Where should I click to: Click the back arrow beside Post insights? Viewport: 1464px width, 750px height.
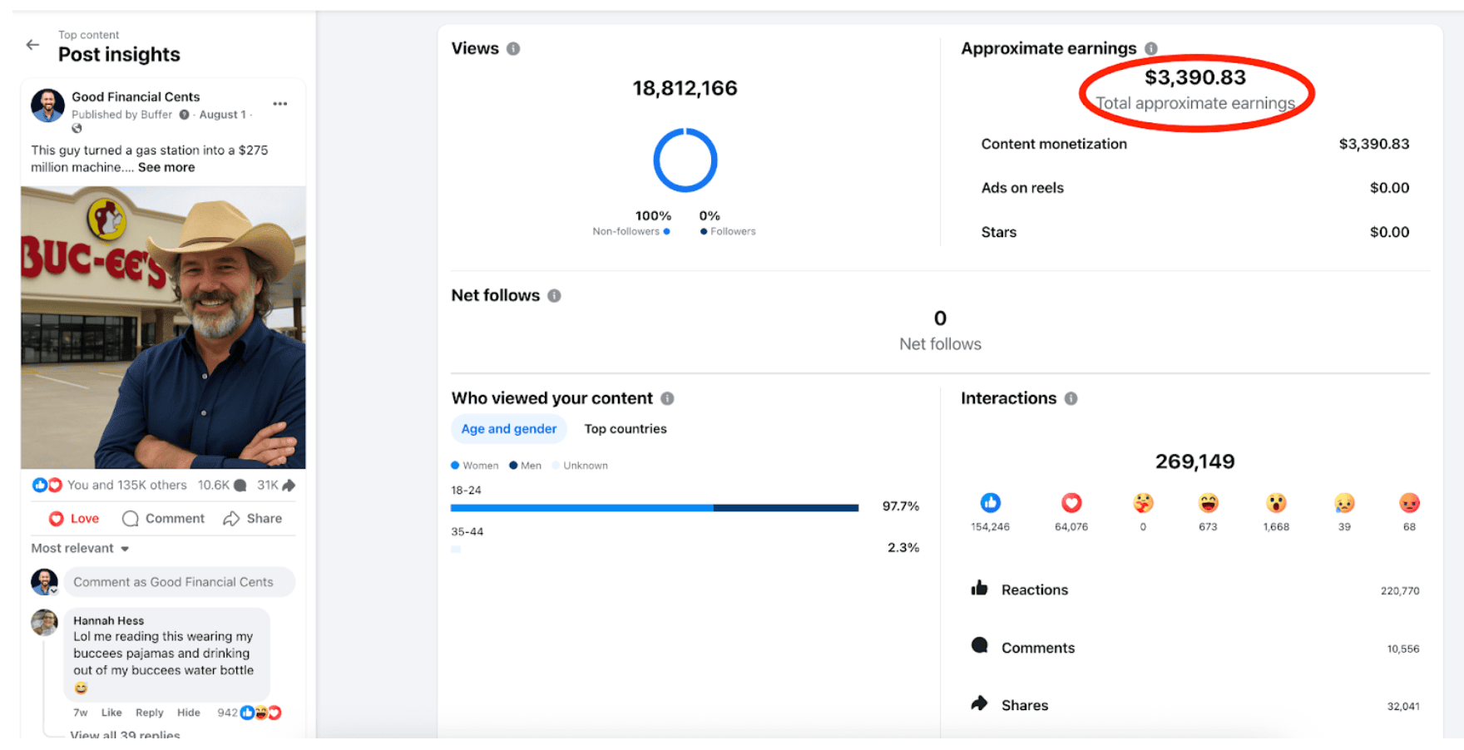tap(32, 45)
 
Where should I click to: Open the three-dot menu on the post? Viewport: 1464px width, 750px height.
tap(280, 104)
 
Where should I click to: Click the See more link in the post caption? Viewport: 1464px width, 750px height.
tap(166, 167)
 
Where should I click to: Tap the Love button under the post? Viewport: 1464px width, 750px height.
tap(74, 518)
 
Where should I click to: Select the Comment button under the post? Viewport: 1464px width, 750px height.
tap(163, 518)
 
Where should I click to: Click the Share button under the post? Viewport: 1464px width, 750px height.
tap(253, 518)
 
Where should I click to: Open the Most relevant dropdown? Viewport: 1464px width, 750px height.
tap(80, 548)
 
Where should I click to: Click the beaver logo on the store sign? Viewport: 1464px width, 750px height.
tap(106, 220)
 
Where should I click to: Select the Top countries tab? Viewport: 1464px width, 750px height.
tap(626, 429)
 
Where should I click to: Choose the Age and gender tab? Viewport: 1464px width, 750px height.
tap(509, 429)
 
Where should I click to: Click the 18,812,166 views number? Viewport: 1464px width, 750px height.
tap(685, 88)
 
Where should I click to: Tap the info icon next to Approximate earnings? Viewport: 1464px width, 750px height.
tap(1151, 49)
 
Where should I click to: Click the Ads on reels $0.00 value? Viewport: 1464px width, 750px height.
tap(1389, 188)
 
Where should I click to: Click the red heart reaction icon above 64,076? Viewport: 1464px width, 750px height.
tap(1071, 502)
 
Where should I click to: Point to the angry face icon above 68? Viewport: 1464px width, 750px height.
tap(1409, 502)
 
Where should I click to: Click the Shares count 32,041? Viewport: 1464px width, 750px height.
tap(1403, 706)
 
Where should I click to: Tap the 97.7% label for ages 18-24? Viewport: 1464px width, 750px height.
tap(901, 506)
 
